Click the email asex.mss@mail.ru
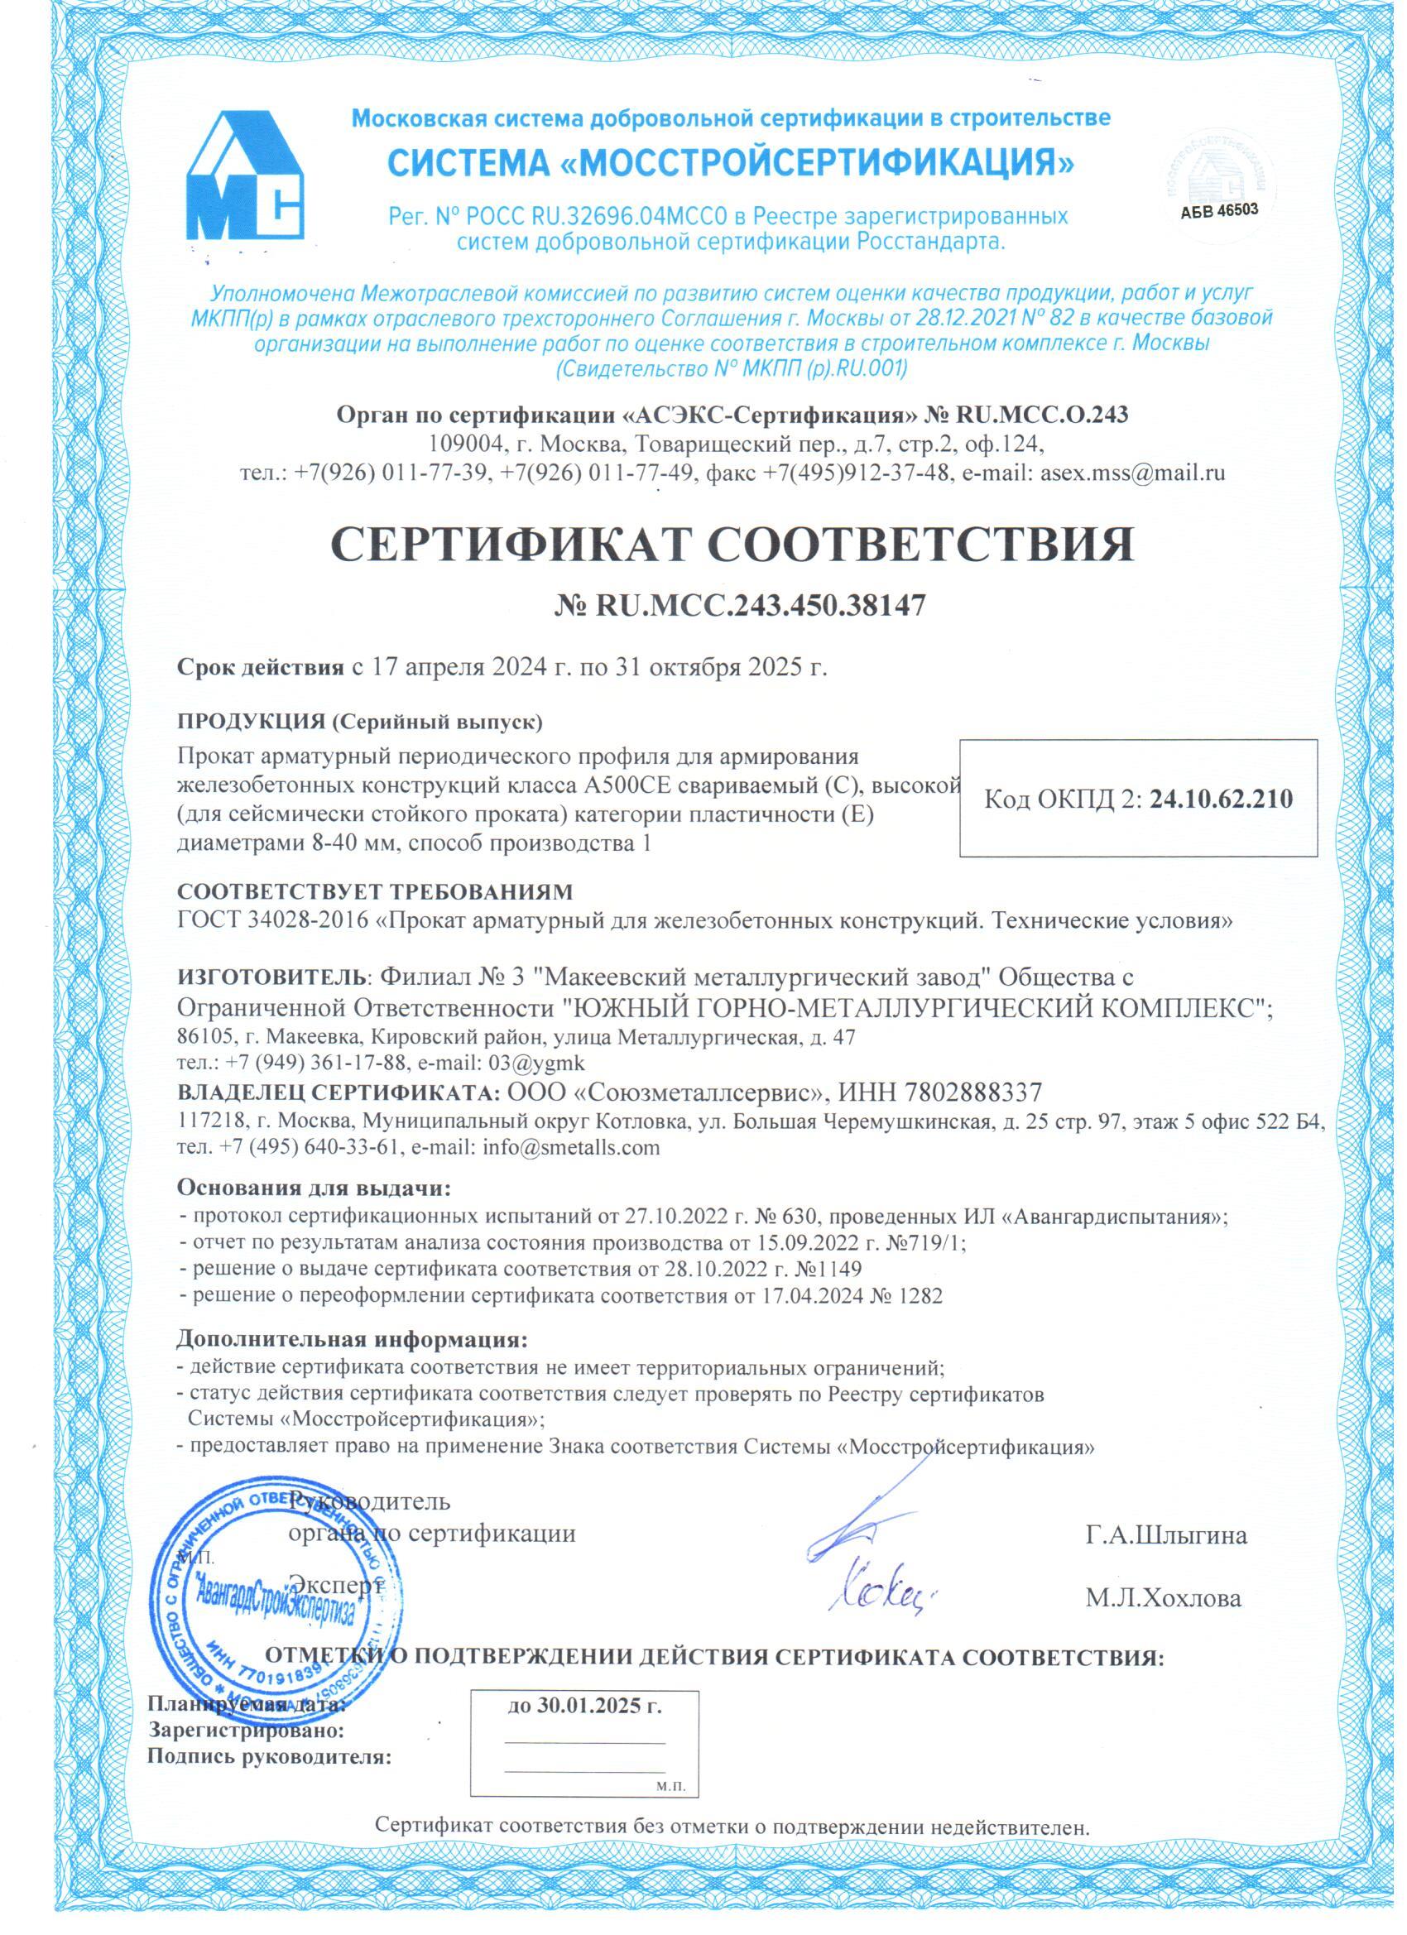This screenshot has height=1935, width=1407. (x=1133, y=475)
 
